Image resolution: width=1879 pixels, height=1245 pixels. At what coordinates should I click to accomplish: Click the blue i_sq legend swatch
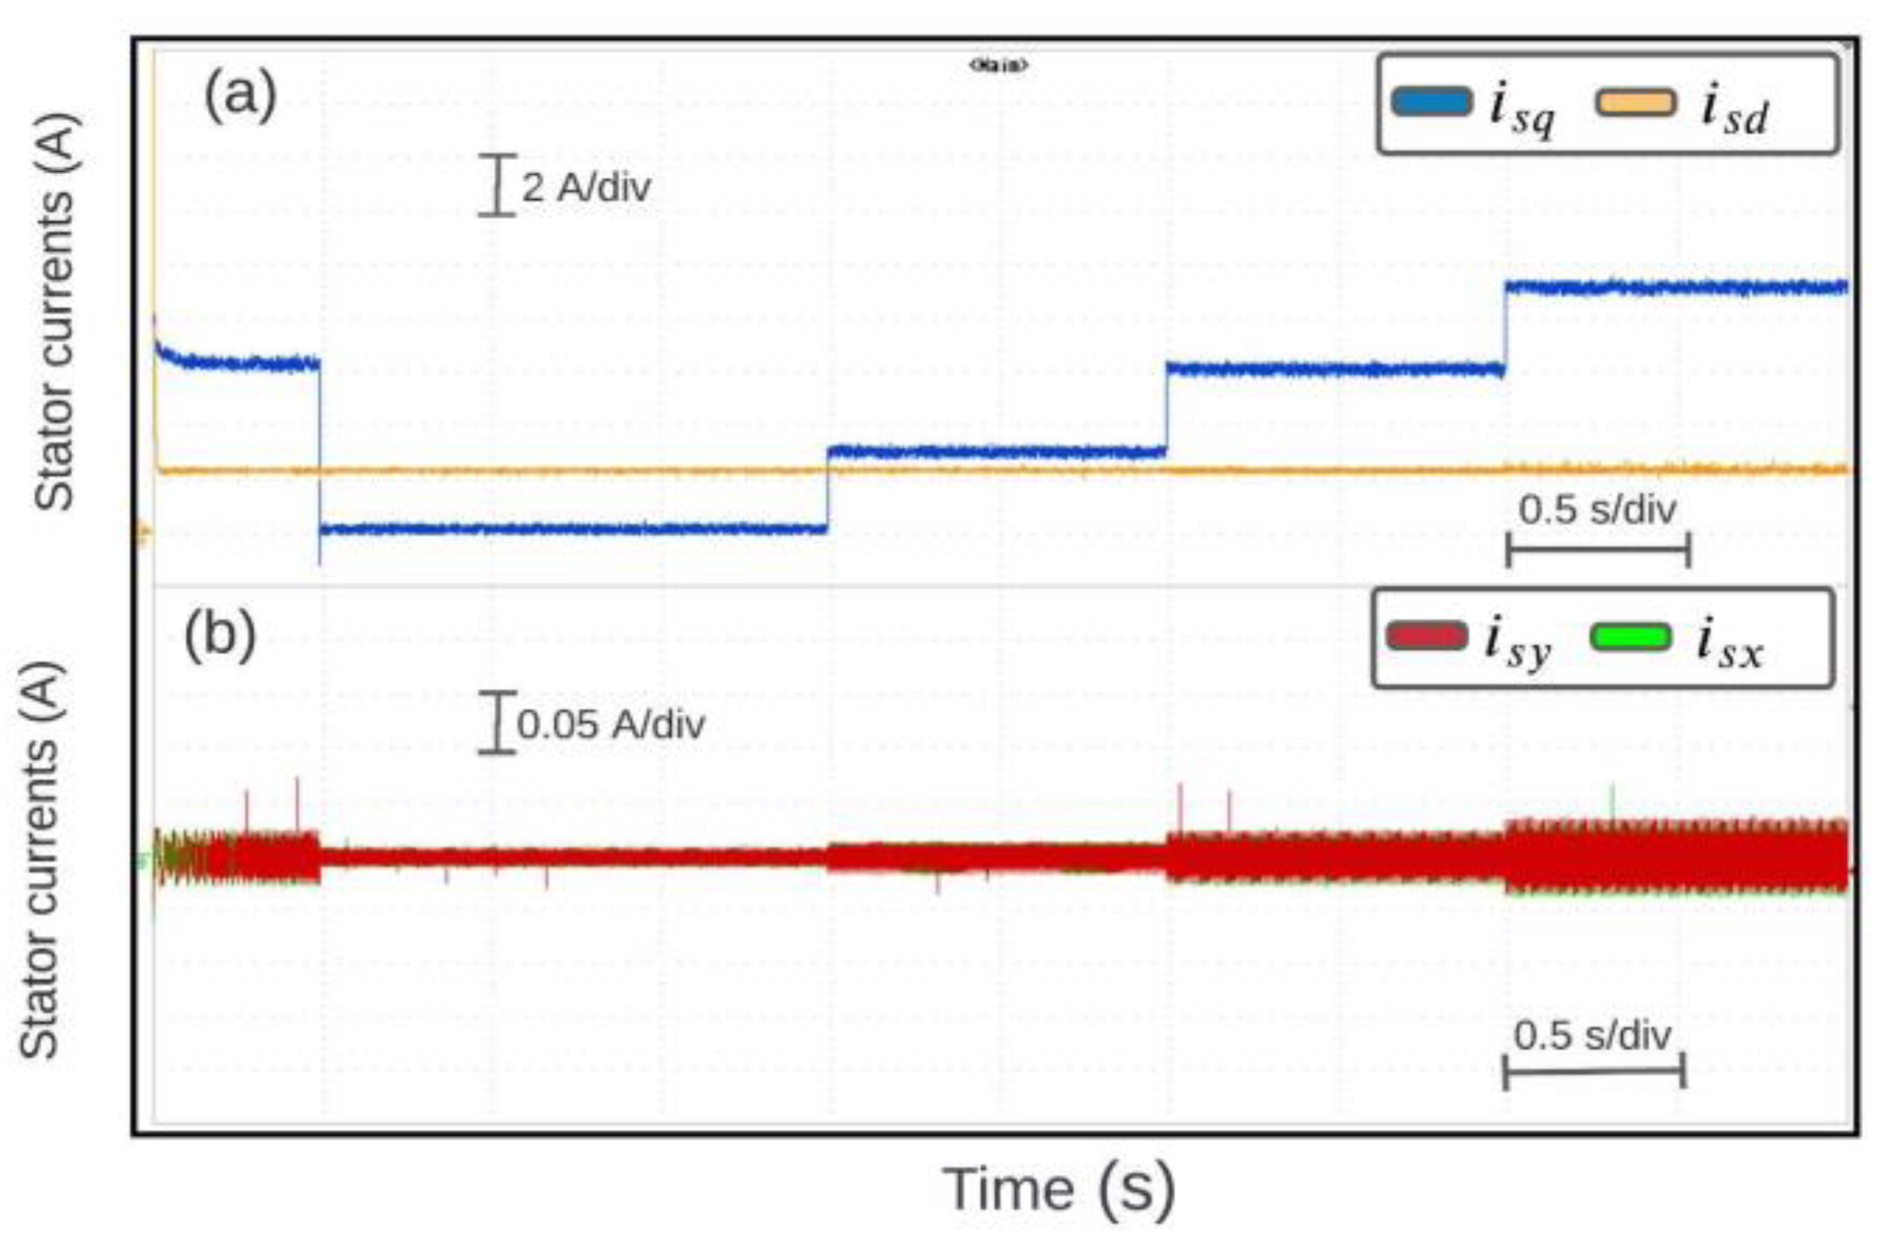(x=1430, y=102)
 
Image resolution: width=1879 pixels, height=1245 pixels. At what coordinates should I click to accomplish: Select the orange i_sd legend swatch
(x=1635, y=102)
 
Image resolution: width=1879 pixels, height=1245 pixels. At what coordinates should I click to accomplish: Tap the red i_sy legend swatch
(x=1427, y=637)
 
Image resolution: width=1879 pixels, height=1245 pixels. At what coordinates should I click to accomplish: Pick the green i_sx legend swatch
(x=1629, y=637)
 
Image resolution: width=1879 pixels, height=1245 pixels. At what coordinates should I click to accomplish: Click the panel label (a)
(x=240, y=93)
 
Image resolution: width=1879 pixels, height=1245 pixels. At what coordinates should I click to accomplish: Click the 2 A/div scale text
(x=585, y=187)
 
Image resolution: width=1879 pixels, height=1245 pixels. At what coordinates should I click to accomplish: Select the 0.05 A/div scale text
(x=610, y=724)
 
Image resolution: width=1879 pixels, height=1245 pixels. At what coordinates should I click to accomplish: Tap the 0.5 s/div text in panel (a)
(x=1597, y=509)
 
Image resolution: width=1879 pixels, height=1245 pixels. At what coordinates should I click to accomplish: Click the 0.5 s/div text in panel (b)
(x=1592, y=1036)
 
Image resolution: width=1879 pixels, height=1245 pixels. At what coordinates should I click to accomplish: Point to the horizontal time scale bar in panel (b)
(x=1594, y=1070)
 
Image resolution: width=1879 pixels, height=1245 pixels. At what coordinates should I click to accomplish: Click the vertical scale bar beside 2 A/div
(x=497, y=186)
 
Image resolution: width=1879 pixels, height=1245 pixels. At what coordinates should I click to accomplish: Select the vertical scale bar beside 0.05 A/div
(x=497, y=723)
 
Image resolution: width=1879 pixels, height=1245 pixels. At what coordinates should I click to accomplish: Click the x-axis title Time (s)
(x=1058, y=1190)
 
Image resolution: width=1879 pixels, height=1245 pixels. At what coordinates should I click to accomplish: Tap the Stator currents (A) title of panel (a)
(x=54, y=311)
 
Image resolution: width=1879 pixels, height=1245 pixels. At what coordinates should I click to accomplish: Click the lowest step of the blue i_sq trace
(x=572, y=529)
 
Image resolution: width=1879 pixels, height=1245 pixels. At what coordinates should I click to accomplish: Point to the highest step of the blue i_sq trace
(x=1675, y=287)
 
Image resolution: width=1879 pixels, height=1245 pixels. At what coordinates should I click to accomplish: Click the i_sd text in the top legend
(x=1735, y=110)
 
